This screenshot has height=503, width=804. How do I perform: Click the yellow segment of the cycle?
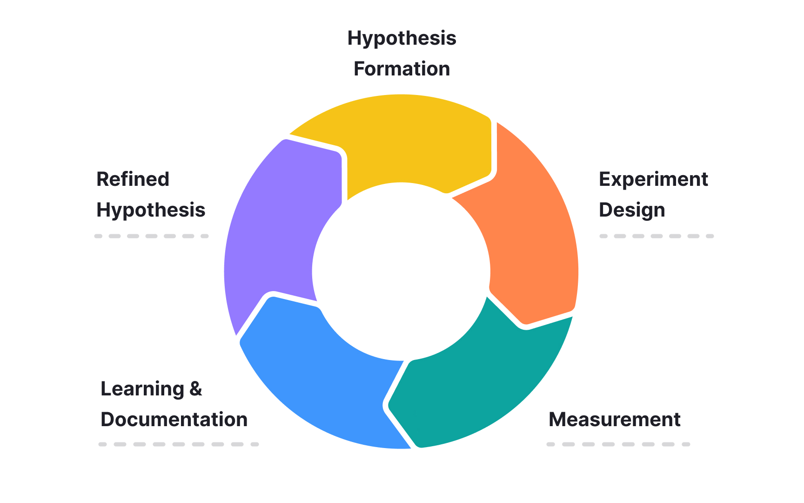[409, 140]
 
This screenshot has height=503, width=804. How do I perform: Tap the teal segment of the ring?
[479, 391]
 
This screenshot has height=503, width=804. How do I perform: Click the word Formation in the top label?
[402, 69]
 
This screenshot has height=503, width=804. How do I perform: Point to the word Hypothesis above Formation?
[402, 38]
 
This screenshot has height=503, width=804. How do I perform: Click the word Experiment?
[653, 179]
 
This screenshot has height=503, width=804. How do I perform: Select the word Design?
[631, 210]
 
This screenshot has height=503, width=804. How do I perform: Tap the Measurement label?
[614, 420]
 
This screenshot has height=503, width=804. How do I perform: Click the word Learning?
[142, 389]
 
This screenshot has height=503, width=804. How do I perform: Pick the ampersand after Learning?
[196, 389]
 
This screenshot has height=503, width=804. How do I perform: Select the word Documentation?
[174, 420]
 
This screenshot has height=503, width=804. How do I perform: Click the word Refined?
[133, 179]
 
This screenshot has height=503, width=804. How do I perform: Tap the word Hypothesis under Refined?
[151, 210]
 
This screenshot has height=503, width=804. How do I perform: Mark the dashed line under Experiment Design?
[656, 236]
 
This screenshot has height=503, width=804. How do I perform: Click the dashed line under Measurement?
[618, 444]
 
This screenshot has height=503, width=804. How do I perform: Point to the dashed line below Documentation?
[178, 444]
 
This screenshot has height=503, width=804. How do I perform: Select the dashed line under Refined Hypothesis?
[151, 236]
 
